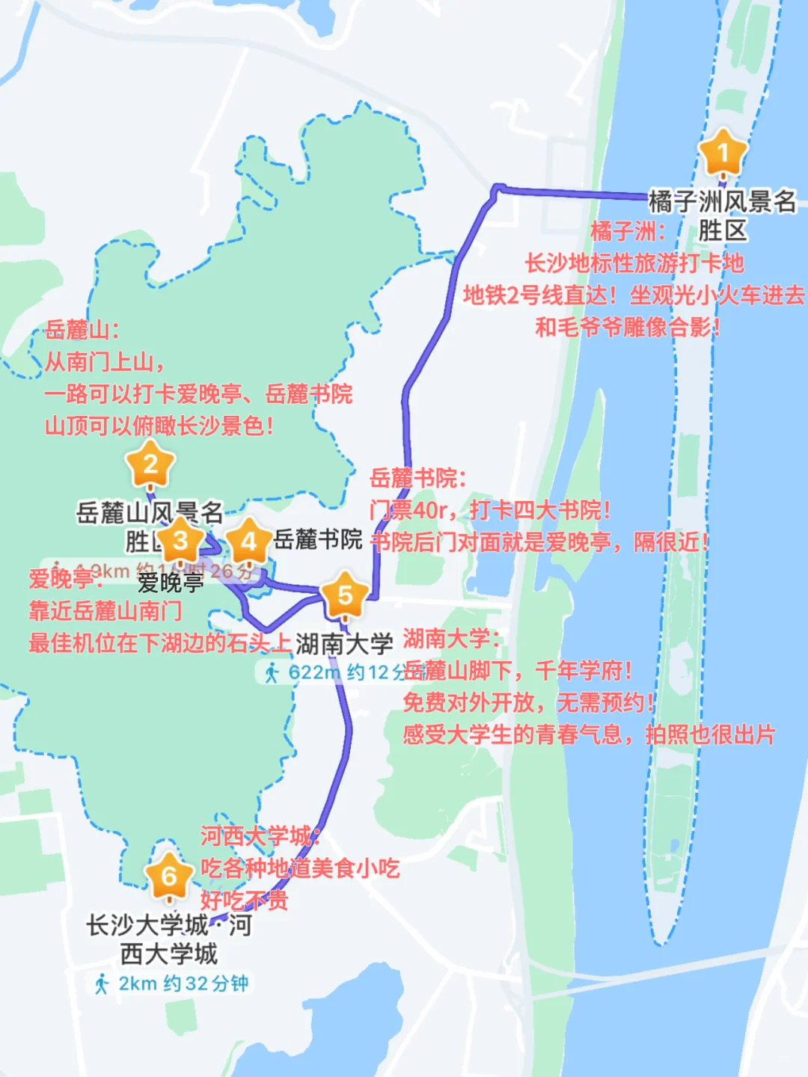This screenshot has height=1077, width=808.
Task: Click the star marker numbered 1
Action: pos(723,153)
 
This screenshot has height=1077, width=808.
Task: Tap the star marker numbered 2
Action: pos(150,466)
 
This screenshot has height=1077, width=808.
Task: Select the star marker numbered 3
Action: pos(180,541)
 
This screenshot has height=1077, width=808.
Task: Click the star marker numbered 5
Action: pos(345,595)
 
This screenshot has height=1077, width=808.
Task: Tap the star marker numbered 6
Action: pos(169,876)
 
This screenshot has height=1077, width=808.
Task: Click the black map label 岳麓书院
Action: pos(318,539)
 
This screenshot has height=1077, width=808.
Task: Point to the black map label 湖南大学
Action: pos(344,643)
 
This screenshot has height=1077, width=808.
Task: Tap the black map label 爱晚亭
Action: pos(171,583)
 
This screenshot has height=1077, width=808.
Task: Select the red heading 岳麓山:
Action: pos(82,330)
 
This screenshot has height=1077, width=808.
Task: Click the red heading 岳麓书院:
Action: pos(418,478)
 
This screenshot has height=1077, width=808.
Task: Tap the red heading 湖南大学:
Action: pos(452,639)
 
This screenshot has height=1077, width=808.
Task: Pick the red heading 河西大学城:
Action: pos(260,836)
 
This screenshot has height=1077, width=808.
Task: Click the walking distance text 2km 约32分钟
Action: pos(183,984)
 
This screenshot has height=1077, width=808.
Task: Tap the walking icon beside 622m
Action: pos(272,672)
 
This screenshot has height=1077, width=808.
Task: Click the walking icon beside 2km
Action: pos(102,984)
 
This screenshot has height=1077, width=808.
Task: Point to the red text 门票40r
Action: pos(408,511)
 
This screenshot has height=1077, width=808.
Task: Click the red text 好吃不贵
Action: pos(244,900)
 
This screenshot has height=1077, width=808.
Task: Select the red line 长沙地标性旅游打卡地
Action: pos(634,263)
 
